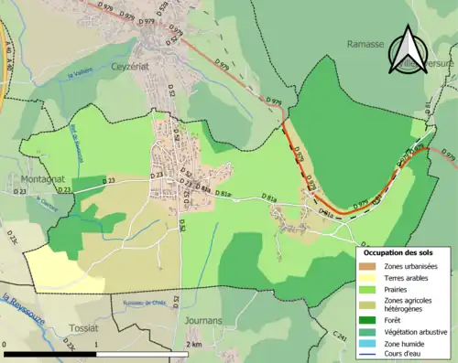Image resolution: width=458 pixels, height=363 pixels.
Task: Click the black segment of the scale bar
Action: click(50, 353)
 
